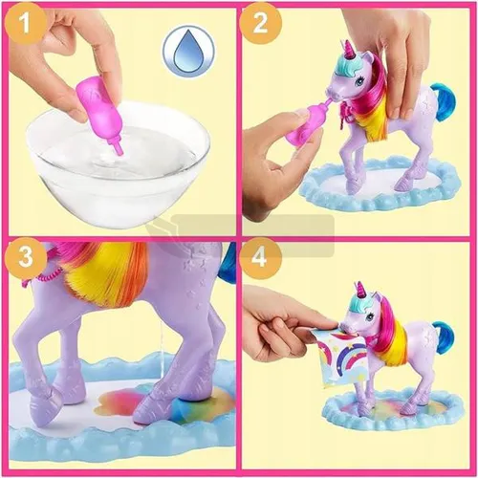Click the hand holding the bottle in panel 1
[67, 48]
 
